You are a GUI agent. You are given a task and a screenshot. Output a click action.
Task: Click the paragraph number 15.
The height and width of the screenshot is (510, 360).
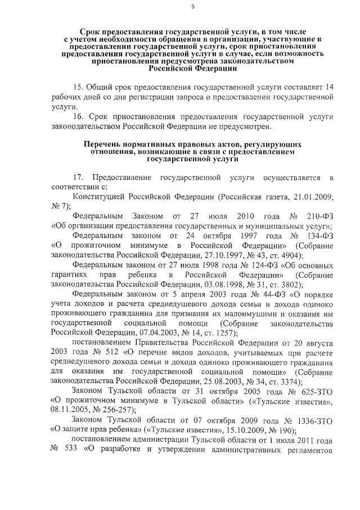coord(79,87)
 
